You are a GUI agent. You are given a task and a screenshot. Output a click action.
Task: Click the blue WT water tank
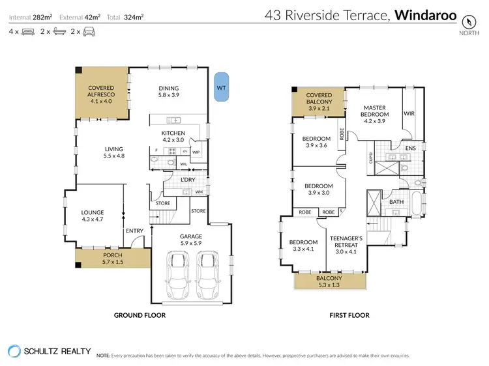tap(222, 86)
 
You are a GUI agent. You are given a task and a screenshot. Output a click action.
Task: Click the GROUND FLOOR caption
tap(140, 315)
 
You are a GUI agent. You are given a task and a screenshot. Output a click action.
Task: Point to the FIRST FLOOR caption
tap(350, 315)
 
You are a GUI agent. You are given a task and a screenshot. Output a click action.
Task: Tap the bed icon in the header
tap(27, 31)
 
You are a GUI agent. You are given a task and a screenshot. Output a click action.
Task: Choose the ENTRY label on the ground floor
tap(135, 231)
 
